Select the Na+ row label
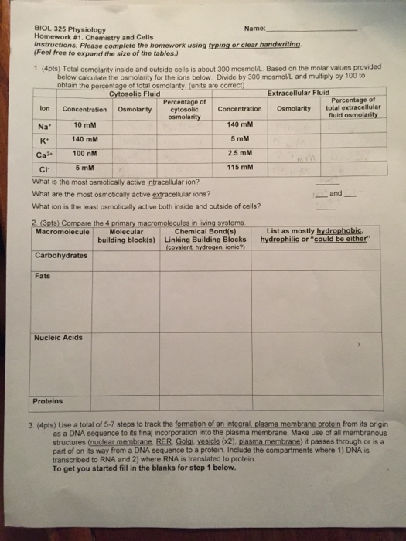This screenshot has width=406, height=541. pyautogui.click(x=43, y=125)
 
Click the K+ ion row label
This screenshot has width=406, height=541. pyautogui.click(x=43, y=139)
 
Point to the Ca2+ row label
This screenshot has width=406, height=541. pyautogui.click(x=43, y=153)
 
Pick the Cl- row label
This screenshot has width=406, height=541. pyautogui.click(x=43, y=167)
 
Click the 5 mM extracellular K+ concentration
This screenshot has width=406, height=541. pyautogui.click(x=239, y=138)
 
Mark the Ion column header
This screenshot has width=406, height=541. pyautogui.click(x=43, y=109)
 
